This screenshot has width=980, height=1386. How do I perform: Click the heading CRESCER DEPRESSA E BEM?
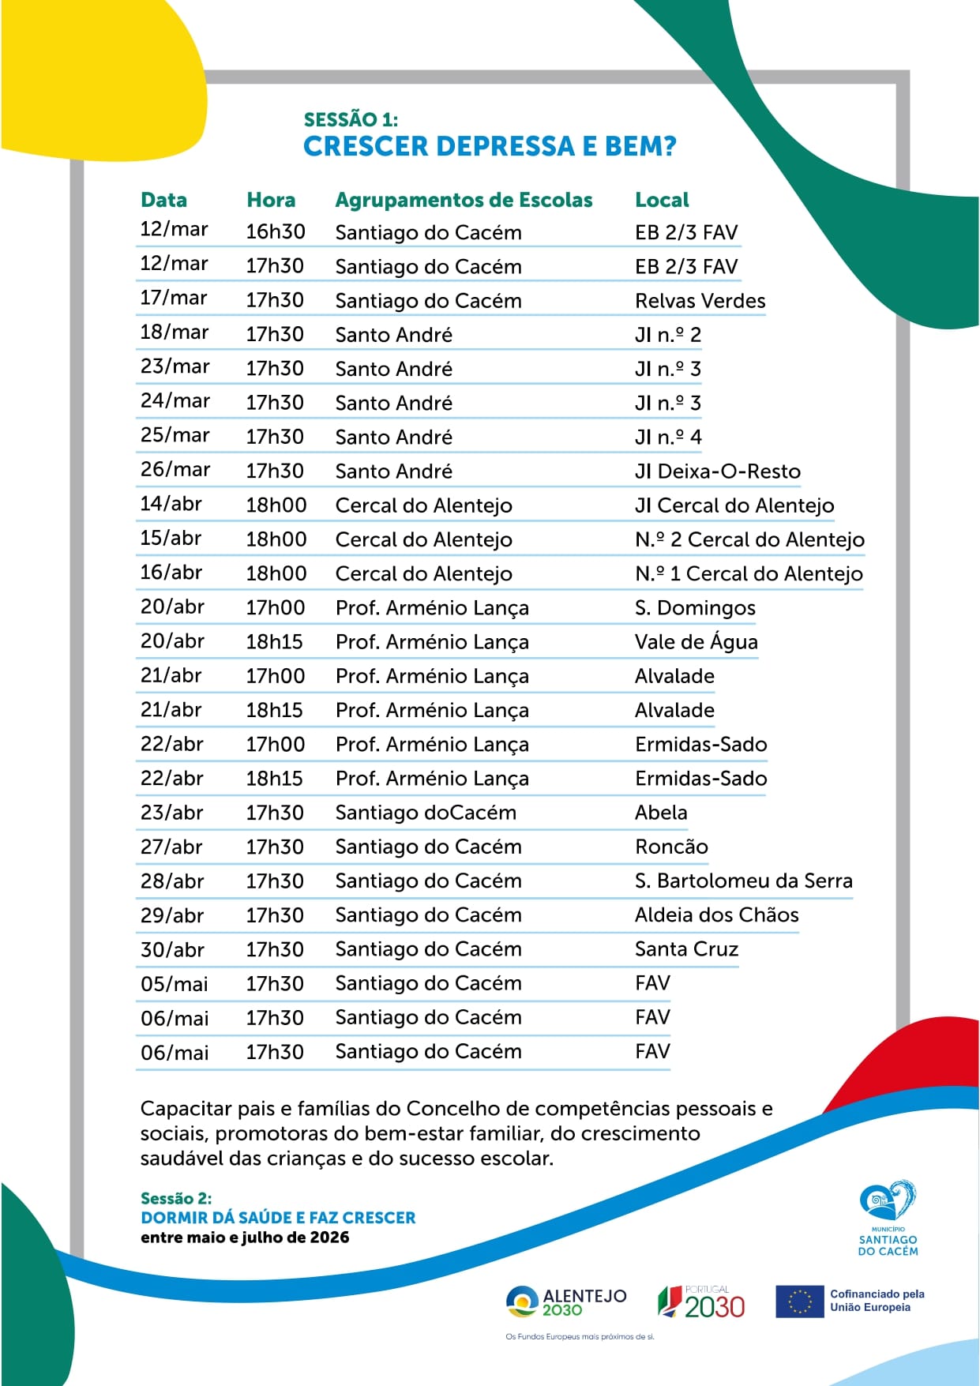tap(490, 147)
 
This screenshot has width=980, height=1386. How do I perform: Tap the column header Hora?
tap(271, 200)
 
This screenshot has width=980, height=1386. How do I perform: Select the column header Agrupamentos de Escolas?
tap(464, 200)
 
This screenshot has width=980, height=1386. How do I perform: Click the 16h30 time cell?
tap(275, 232)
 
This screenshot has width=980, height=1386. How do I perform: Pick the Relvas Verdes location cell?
tap(700, 301)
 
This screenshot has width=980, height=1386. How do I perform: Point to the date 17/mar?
tap(174, 298)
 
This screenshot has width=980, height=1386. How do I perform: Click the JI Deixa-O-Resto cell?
tap(717, 471)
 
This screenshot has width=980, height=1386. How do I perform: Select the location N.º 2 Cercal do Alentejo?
tap(749, 539)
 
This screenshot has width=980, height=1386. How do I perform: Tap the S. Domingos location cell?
tap(695, 608)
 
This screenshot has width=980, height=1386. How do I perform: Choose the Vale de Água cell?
tap(696, 642)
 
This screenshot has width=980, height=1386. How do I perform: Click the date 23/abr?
tap(171, 813)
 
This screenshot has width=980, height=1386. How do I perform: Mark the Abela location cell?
tap(661, 813)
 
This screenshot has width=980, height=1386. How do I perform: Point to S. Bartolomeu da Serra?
tap(743, 881)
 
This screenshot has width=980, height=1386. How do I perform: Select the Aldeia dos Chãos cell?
tap(716, 915)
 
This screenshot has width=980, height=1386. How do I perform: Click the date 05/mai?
tap(174, 984)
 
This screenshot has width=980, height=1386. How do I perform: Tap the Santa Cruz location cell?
tap(686, 949)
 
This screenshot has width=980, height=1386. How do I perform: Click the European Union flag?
tap(799, 1301)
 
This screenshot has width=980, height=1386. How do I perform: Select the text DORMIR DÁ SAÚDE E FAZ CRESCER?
tap(278, 1218)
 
